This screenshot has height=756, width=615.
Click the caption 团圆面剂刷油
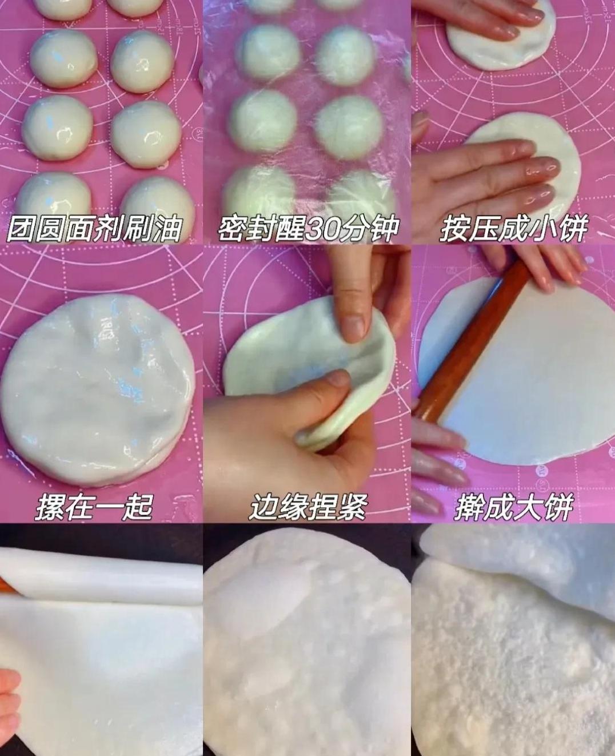click(x=94, y=228)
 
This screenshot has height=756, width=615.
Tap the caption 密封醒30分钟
click(x=308, y=228)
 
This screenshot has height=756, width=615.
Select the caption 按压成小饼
click(x=513, y=228)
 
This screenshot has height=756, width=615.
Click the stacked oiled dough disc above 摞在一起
click(x=98, y=389)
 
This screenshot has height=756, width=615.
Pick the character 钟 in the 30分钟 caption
click(x=385, y=229)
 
